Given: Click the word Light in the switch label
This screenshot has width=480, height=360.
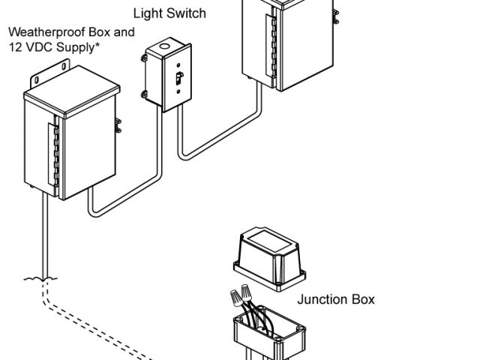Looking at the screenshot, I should click(148, 13).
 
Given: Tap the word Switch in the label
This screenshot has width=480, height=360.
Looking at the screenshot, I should click(185, 13).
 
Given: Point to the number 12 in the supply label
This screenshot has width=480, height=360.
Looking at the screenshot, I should click(15, 48).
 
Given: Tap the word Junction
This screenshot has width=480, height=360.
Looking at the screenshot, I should click(323, 300).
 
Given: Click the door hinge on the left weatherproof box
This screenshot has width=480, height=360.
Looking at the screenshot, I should click(52, 154).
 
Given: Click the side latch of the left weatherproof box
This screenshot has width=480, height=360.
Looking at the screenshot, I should click(118, 125).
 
